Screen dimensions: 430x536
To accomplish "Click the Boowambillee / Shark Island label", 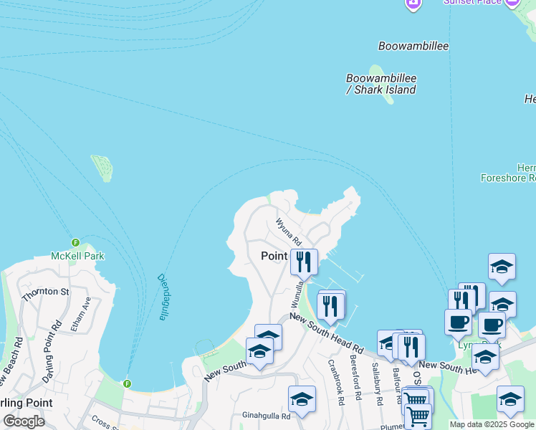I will (x=381, y=84).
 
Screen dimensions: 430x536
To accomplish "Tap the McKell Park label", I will (x=77, y=256).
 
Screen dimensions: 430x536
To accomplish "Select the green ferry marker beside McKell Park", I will (x=75, y=243).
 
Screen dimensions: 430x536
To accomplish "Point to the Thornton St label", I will (x=45, y=292).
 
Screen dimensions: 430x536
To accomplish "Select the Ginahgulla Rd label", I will (x=266, y=416).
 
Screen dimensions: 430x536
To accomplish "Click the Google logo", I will (x=24, y=421).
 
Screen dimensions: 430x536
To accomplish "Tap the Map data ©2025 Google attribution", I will (x=492, y=424).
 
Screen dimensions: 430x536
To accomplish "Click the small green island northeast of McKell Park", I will (x=102, y=168).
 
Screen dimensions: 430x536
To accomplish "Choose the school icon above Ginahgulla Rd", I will (x=302, y=399).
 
